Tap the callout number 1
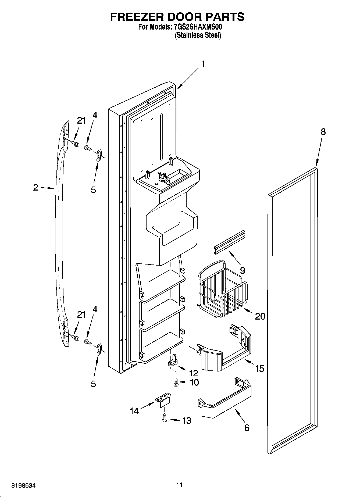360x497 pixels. pyautogui.click(x=203, y=64)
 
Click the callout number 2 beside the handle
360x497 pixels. pyautogui.click(x=36, y=187)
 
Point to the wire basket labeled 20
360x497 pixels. pyautogui.click(x=222, y=289)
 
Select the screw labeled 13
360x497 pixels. pyautogui.click(x=164, y=418)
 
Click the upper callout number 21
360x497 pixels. pyautogui.click(x=81, y=121)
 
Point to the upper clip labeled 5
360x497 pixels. pyautogui.click(x=99, y=155)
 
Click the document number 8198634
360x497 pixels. pyautogui.click(x=23, y=486)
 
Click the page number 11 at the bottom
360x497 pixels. pyautogui.click(x=179, y=485)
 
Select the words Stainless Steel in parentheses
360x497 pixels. pyautogui.click(x=198, y=35)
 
